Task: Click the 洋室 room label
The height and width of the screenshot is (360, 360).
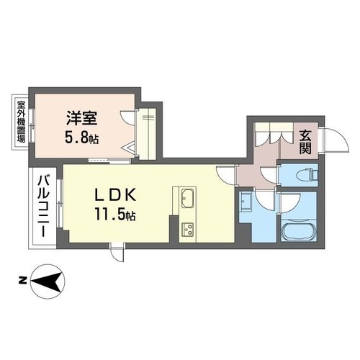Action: (82, 118)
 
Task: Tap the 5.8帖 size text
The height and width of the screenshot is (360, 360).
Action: (82, 138)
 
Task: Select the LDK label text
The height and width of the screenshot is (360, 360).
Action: (116, 195)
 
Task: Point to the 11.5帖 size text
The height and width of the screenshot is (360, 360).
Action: (116, 214)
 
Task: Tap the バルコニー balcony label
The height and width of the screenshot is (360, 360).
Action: (43, 206)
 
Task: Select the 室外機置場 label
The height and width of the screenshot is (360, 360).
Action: (21, 122)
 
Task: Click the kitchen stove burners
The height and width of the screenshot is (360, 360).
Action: (188, 230)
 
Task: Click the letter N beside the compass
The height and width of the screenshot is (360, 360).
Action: (22, 281)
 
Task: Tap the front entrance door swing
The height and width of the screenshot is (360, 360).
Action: (336, 140)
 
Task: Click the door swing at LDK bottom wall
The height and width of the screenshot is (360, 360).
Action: (117, 253)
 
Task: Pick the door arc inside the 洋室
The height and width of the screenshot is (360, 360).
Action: (129, 118)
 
